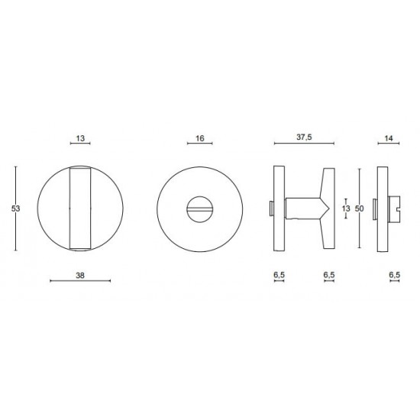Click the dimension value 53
(x=15, y=208)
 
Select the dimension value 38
(x=80, y=275)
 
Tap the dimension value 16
(x=200, y=138)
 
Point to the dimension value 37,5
(x=304, y=137)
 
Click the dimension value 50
(x=359, y=208)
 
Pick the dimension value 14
(x=389, y=138)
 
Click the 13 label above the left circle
(x=80, y=138)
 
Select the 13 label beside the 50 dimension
(x=346, y=208)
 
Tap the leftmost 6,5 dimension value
(x=279, y=275)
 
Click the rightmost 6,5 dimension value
(x=395, y=275)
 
